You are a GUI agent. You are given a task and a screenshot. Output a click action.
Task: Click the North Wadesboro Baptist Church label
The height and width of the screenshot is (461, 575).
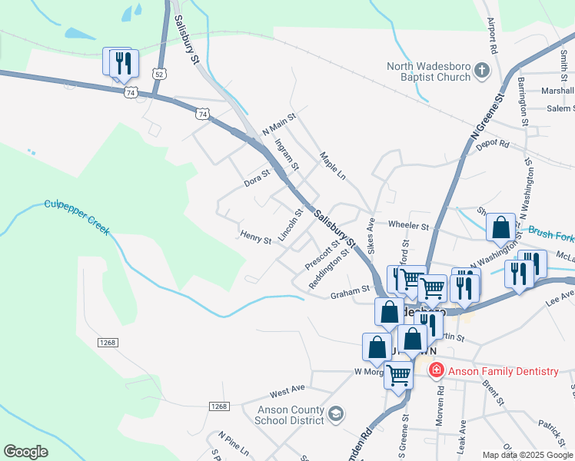(x=429, y=71)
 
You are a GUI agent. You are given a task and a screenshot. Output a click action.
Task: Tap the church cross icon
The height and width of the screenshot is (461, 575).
(x=482, y=71)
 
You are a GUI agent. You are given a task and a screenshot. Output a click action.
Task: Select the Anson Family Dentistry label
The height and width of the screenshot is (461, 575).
(x=504, y=371)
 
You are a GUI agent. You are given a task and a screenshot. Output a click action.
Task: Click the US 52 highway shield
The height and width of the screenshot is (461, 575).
(x=158, y=73)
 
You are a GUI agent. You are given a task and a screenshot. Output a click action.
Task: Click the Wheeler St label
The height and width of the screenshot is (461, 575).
(x=408, y=227)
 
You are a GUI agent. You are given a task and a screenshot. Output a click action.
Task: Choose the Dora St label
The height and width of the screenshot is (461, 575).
(x=258, y=178)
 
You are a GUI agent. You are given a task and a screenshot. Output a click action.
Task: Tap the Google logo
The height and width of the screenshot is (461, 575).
(x=25, y=452)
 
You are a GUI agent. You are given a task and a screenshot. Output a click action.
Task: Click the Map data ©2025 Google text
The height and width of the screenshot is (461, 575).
(x=527, y=455)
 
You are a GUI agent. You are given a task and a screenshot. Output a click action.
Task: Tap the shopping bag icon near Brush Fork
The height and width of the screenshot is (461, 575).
(x=501, y=228)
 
